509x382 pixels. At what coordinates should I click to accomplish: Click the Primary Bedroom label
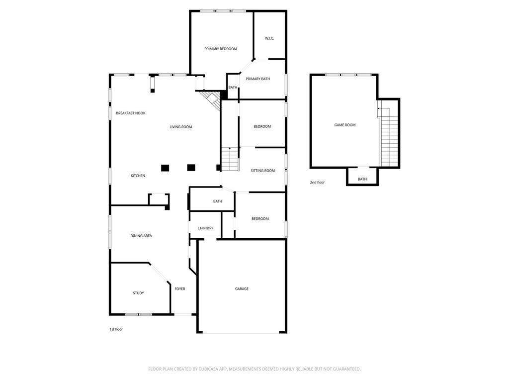pyautogui.click(x=220, y=49)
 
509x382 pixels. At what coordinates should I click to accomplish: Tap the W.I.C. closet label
pyautogui.click(x=269, y=38)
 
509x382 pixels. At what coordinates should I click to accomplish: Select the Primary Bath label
pyautogui.click(x=258, y=79)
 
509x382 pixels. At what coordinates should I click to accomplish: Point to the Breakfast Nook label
pyautogui.click(x=131, y=113)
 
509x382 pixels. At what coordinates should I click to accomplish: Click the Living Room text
pyautogui.click(x=181, y=127)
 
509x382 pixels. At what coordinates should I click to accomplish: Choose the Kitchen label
pyautogui.click(x=138, y=176)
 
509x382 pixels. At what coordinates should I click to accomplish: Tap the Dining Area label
pyautogui.click(x=141, y=236)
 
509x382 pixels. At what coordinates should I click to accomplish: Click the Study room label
pyautogui.click(x=138, y=293)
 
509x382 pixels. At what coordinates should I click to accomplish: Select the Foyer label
pyautogui.click(x=180, y=289)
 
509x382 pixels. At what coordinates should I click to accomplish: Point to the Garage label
pyautogui.click(x=242, y=289)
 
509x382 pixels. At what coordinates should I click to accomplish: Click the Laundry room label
pyautogui.click(x=205, y=228)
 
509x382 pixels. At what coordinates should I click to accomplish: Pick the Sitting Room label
pyautogui.click(x=262, y=171)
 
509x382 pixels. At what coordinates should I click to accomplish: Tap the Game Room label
pyautogui.click(x=345, y=125)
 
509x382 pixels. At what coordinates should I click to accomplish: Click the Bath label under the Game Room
pyautogui.click(x=362, y=179)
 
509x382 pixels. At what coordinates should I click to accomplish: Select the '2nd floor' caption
pyautogui.click(x=317, y=183)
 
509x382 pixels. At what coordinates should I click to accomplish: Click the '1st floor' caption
pyautogui.click(x=116, y=329)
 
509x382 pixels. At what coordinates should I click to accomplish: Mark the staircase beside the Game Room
pyautogui.click(x=389, y=136)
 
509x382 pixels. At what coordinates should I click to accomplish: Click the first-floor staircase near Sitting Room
pyautogui.click(x=230, y=159)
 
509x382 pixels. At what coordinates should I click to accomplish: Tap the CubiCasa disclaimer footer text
pyautogui.click(x=254, y=369)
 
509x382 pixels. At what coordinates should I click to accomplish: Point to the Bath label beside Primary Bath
pyautogui.click(x=233, y=88)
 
